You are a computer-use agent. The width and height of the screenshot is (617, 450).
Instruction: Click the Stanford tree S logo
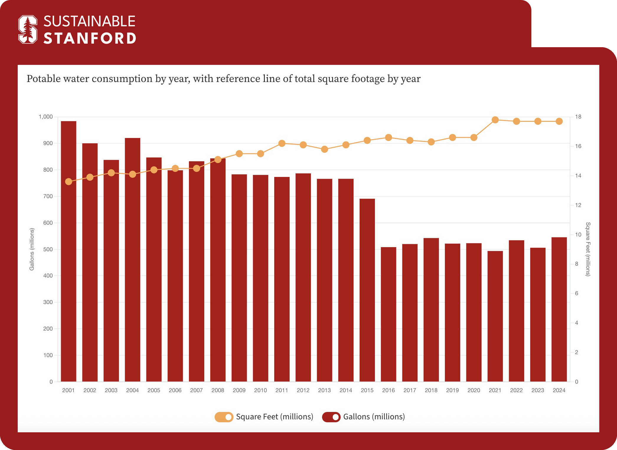point(28,29)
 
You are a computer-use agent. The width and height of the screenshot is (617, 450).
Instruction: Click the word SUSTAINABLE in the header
point(89,21)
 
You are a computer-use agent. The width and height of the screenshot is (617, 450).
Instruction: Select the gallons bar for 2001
point(68,251)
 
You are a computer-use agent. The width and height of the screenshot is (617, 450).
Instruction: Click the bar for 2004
point(133,260)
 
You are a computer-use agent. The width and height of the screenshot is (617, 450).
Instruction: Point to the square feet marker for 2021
point(495,120)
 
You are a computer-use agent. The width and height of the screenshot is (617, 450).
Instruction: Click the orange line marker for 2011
point(282,143)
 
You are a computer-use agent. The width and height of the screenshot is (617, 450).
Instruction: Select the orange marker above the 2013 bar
point(324,149)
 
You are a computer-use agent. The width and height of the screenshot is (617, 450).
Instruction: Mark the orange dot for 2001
point(68,182)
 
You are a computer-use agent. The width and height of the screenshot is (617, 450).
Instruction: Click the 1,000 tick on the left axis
point(46,117)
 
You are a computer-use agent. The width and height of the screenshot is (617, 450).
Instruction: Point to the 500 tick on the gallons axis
point(48,249)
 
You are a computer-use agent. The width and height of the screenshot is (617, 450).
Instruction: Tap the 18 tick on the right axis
point(578,117)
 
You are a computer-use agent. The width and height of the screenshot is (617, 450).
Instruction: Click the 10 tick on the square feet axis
point(578,234)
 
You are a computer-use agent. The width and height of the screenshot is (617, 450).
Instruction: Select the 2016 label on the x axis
point(389,390)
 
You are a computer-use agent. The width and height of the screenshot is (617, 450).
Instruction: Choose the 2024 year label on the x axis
point(559,390)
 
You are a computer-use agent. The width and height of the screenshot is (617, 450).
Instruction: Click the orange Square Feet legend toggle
point(224,417)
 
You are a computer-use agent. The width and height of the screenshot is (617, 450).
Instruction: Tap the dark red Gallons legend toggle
point(331,417)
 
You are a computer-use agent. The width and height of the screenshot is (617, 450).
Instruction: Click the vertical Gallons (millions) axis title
point(32,249)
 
